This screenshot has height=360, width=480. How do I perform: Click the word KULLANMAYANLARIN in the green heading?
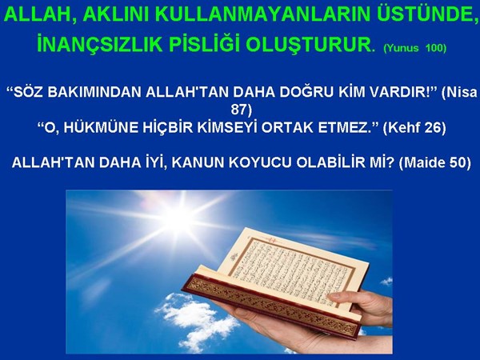(263, 14)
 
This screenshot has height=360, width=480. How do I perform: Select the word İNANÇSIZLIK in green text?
(100, 44)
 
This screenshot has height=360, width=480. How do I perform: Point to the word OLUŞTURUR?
(310, 45)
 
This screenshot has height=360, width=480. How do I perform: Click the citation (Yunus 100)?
(414, 48)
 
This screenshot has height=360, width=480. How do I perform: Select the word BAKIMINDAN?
(94, 92)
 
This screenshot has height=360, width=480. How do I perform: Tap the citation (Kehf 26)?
(414, 128)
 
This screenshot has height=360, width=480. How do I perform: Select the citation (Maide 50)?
(434, 162)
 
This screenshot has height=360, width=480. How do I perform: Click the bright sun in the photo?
(179, 217)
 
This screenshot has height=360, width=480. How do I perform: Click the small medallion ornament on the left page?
(234, 257)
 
